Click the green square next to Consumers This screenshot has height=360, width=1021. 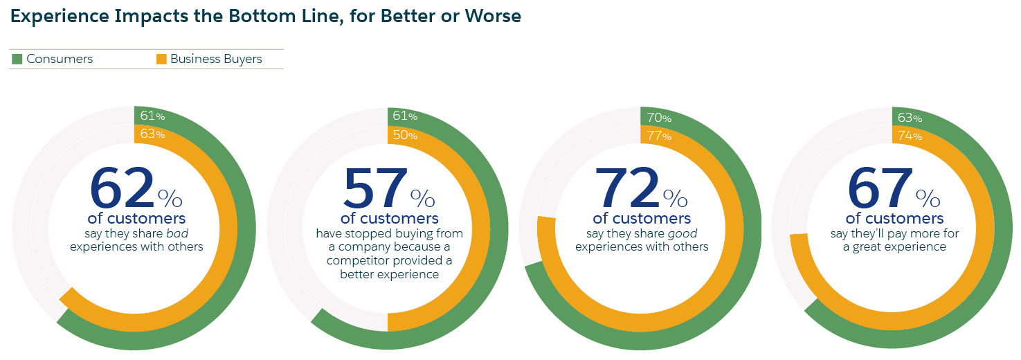click(x=17, y=60)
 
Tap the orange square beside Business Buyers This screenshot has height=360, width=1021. click(x=161, y=60)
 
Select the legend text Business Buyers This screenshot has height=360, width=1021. click(x=216, y=60)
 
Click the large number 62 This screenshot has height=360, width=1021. click(x=122, y=188)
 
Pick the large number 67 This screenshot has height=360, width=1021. click(x=880, y=188)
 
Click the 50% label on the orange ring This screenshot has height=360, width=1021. click(x=404, y=135)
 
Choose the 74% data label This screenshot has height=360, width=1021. click(x=910, y=135)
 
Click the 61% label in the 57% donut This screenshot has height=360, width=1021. click(x=404, y=116)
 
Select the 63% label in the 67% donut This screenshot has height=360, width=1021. click(x=910, y=116)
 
